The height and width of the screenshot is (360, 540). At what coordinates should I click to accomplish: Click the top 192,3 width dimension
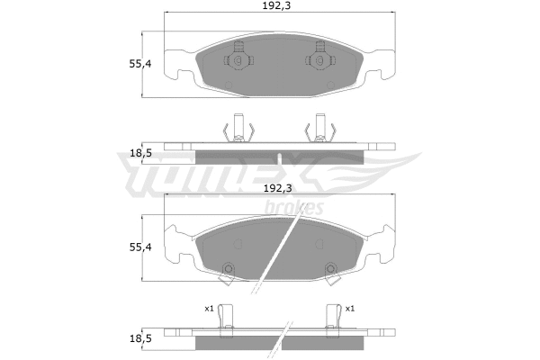coord(279,6)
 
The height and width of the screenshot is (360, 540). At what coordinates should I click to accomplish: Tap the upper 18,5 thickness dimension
coord(139,154)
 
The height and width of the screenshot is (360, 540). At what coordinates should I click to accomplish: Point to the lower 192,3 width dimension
coord(279,190)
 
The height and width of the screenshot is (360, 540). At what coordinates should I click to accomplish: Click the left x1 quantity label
coord(209,308)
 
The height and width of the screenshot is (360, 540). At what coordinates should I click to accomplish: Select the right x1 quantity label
coord(350,308)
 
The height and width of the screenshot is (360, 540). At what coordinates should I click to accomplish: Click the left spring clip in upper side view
coord(238,130)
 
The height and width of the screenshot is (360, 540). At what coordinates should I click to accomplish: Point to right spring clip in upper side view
coord(319,130)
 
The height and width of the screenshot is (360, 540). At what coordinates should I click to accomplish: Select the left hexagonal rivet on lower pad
coord(228,267)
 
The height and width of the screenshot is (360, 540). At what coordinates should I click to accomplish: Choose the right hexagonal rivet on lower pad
coord(330,267)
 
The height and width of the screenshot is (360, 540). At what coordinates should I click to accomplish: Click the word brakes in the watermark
coord(293,209)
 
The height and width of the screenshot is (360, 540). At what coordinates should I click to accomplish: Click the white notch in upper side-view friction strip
coord(280,157)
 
